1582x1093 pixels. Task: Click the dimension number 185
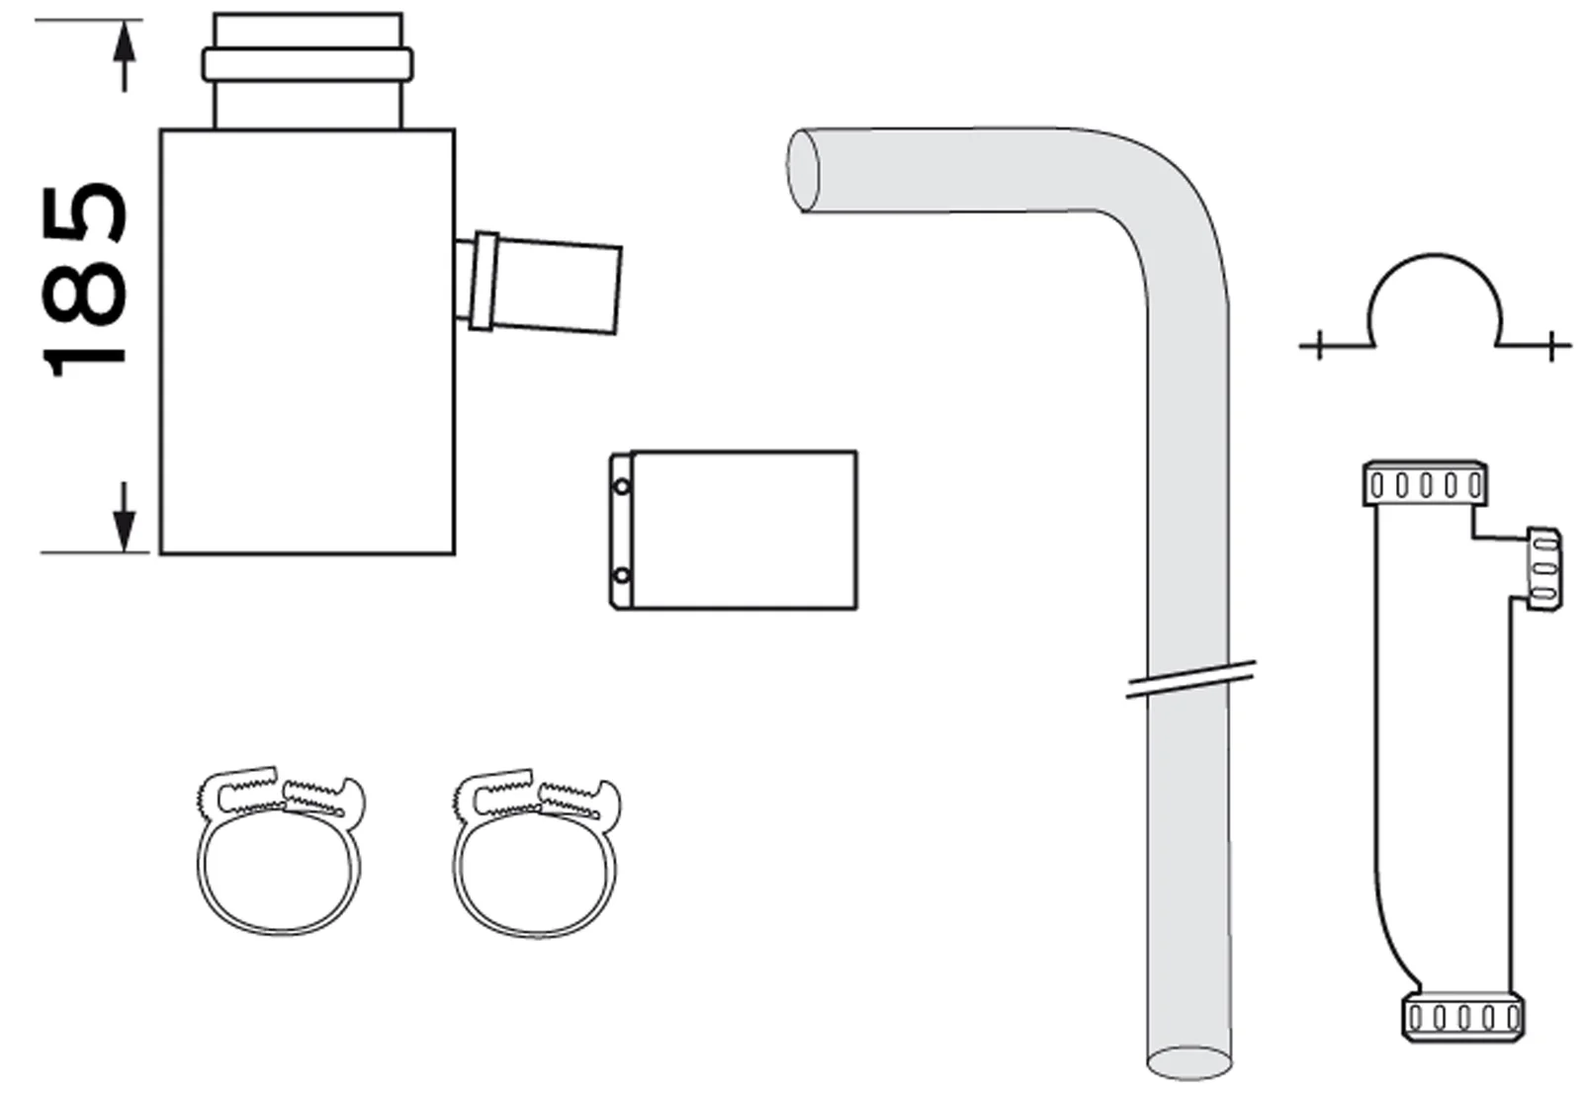pos(87,279)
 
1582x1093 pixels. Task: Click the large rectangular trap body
pos(307,395)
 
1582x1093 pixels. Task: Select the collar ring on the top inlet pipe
pos(308,64)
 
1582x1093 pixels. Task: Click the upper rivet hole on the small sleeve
pos(621,486)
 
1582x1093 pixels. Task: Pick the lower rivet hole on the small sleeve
pos(621,575)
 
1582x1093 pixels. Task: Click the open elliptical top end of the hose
pos(804,170)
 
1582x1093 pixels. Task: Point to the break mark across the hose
pos(1190,680)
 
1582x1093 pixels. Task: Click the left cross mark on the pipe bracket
pos(1320,346)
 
